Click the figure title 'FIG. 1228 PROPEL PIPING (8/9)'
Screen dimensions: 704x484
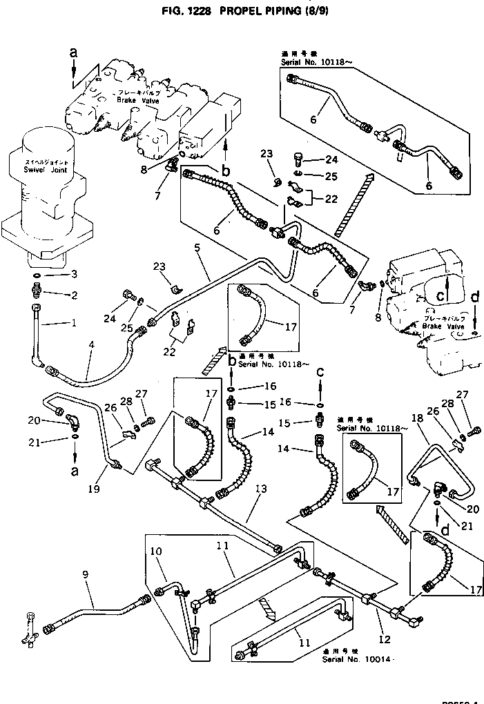[x=242, y=12]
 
